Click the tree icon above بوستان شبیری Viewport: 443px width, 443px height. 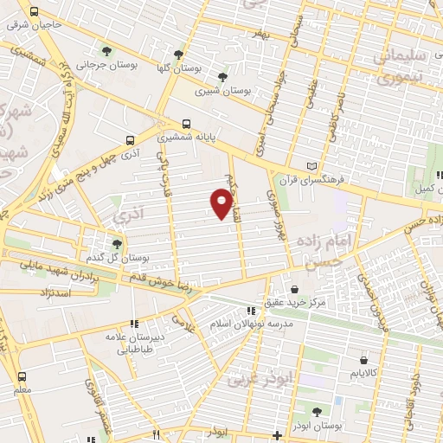223,76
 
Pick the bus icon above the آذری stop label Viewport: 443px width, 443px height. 131,139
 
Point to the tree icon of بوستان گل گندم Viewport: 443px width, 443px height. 118,244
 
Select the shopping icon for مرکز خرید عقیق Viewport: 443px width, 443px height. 296,289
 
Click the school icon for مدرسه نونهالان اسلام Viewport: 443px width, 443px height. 250,310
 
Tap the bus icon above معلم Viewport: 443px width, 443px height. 22,376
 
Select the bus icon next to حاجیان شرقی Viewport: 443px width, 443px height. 34,13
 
